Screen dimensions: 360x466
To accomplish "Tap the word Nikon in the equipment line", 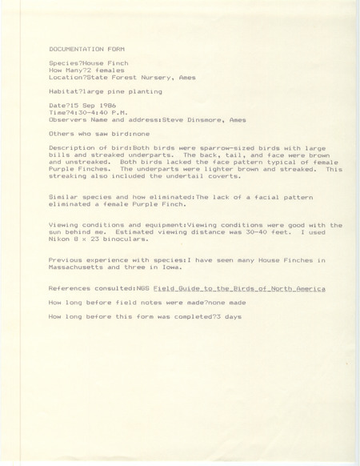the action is [x=58, y=239].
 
